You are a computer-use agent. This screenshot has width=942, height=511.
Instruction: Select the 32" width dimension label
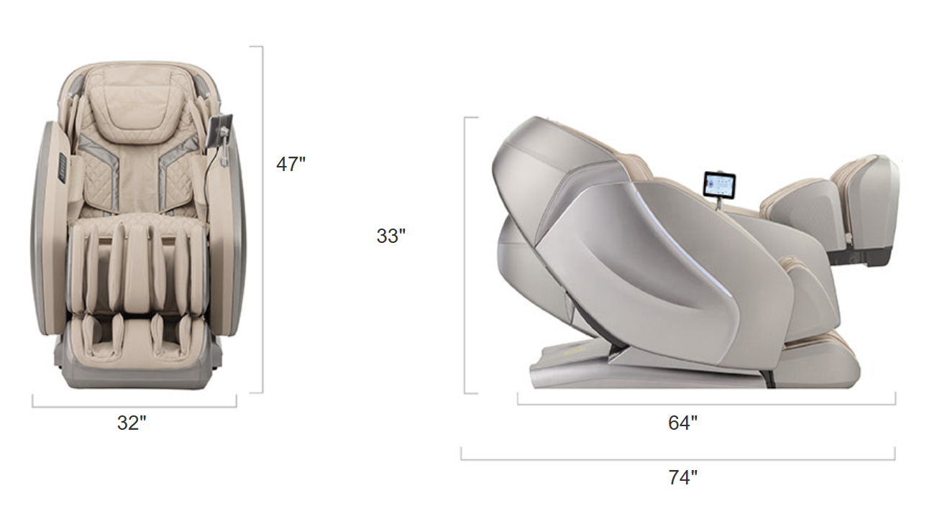click(132, 423)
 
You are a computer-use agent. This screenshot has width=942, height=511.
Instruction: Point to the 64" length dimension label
click(682, 423)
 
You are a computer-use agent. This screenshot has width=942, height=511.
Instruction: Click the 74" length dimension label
click(682, 477)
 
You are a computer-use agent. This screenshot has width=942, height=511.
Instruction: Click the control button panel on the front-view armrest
click(63, 168)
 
